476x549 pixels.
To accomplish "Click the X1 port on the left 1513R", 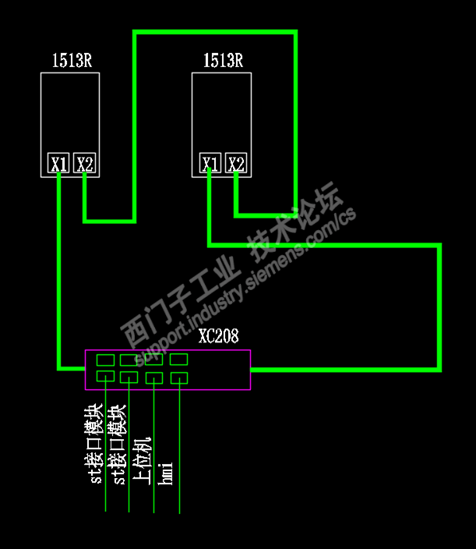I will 58,164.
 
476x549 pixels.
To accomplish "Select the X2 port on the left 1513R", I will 85,164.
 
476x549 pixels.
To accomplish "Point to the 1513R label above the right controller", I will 223,61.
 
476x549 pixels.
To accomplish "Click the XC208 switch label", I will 218,337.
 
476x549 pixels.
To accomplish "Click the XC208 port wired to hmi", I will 179,378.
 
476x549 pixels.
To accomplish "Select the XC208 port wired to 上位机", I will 154,378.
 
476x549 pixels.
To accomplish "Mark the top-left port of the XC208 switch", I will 105,360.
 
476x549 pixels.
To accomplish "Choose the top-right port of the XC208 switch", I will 179,360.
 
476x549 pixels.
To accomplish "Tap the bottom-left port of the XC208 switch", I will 105,377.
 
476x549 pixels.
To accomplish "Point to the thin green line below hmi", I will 180,499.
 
